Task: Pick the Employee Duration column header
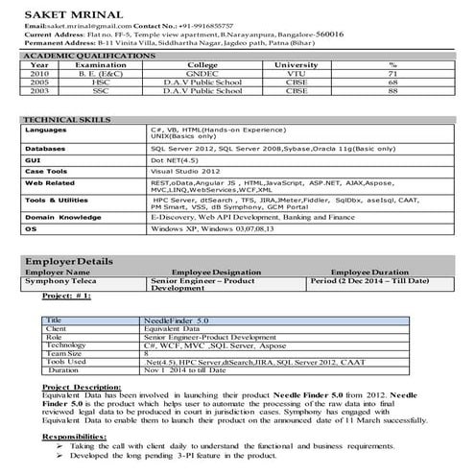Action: click(x=369, y=273)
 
